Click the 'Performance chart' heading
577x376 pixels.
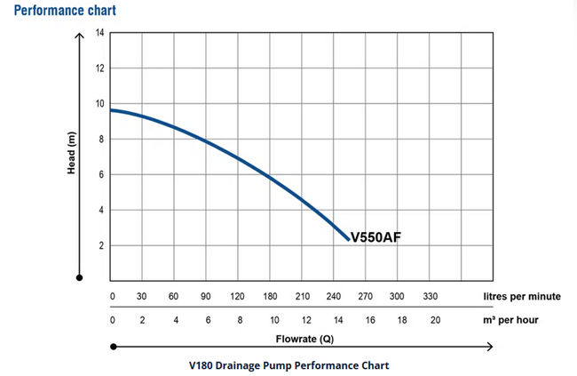point(66,12)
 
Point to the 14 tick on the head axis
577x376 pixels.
point(99,33)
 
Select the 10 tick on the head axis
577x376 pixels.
point(99,104)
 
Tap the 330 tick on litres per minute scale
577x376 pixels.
point(430,296)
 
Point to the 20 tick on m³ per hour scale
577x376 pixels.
point(435,318)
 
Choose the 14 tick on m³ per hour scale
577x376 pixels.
point(339,318)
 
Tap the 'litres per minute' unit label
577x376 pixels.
point(523,296)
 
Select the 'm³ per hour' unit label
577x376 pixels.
point(510,318)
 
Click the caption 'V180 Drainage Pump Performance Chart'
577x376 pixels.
point(288,364)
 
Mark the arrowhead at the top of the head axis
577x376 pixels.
point(79,37)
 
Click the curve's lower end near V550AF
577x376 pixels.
point(348,239)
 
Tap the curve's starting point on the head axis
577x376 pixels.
point(110,109)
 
